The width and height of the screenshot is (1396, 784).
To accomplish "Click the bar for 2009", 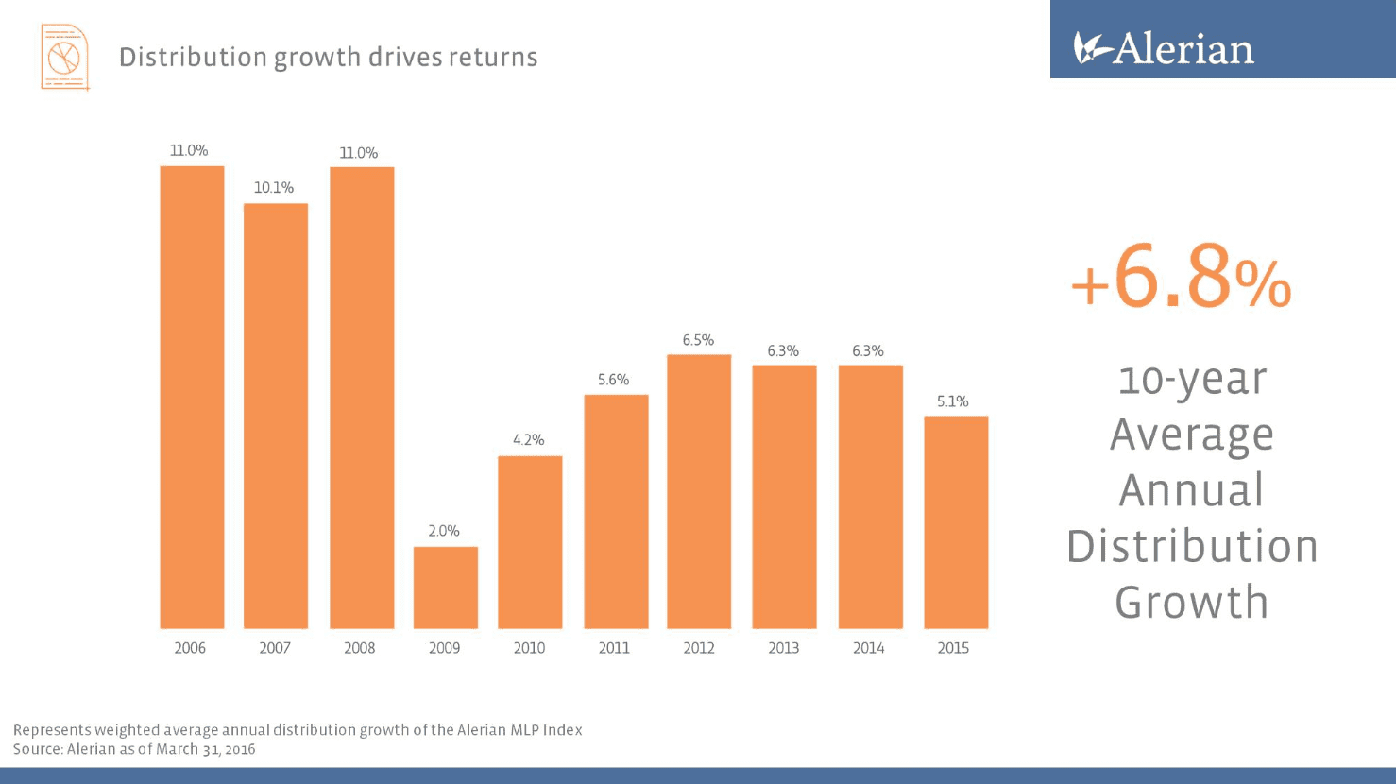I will [445, 588].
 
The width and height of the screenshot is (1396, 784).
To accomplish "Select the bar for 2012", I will [699, 491].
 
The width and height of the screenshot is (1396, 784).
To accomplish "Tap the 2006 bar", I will [192, 397].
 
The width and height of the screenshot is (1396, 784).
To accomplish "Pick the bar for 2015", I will [956, 522].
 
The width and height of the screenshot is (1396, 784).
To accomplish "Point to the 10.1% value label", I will [274, 188].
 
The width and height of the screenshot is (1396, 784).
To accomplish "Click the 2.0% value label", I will [444, 531].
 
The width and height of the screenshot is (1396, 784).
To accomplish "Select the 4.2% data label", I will [529, 440].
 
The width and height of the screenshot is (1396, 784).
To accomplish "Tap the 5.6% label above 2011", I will [613, 380].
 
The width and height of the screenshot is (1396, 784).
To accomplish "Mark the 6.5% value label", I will [698, 340].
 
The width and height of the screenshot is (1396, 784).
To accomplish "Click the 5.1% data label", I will [953, 401].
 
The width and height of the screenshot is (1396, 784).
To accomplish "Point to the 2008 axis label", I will [359, 648].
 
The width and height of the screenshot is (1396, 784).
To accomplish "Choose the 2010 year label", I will [529, 648].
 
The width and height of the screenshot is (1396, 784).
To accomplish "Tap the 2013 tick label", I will [783, 648].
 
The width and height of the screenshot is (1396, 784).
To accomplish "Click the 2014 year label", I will [868, 648].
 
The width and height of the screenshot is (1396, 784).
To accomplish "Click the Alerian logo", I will [1164, 48].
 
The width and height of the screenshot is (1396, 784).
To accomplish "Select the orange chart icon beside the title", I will [64, 58].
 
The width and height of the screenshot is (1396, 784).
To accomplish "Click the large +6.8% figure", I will [1181, 277].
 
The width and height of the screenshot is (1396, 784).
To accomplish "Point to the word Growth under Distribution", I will [1191, 603].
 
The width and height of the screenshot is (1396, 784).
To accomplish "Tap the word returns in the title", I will [493, 58].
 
